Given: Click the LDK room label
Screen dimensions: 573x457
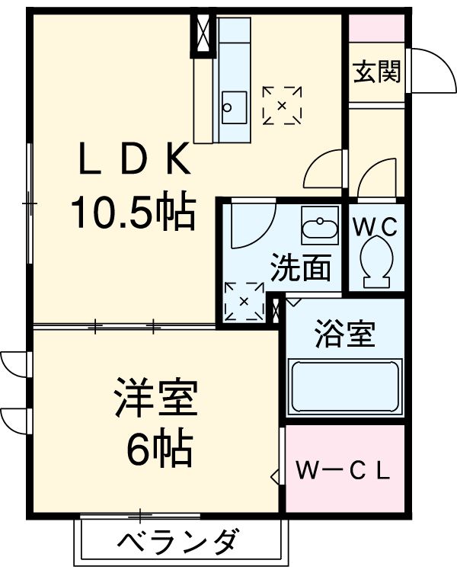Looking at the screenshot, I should pos(133,161).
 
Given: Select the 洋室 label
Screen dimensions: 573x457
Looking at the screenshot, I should pos(157,399).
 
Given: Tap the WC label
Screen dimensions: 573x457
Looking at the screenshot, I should pos(376,226).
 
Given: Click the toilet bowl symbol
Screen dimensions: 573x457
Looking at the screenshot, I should pos(376,261).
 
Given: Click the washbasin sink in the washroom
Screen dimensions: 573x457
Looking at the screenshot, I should pos(320,228).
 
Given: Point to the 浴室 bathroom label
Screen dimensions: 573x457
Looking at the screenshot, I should pos(345,335).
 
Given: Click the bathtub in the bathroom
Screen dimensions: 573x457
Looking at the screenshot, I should pos(346,387).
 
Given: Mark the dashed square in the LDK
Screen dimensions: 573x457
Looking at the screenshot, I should pos(282,105).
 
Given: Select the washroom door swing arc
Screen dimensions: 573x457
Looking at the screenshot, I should pos(251,225).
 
